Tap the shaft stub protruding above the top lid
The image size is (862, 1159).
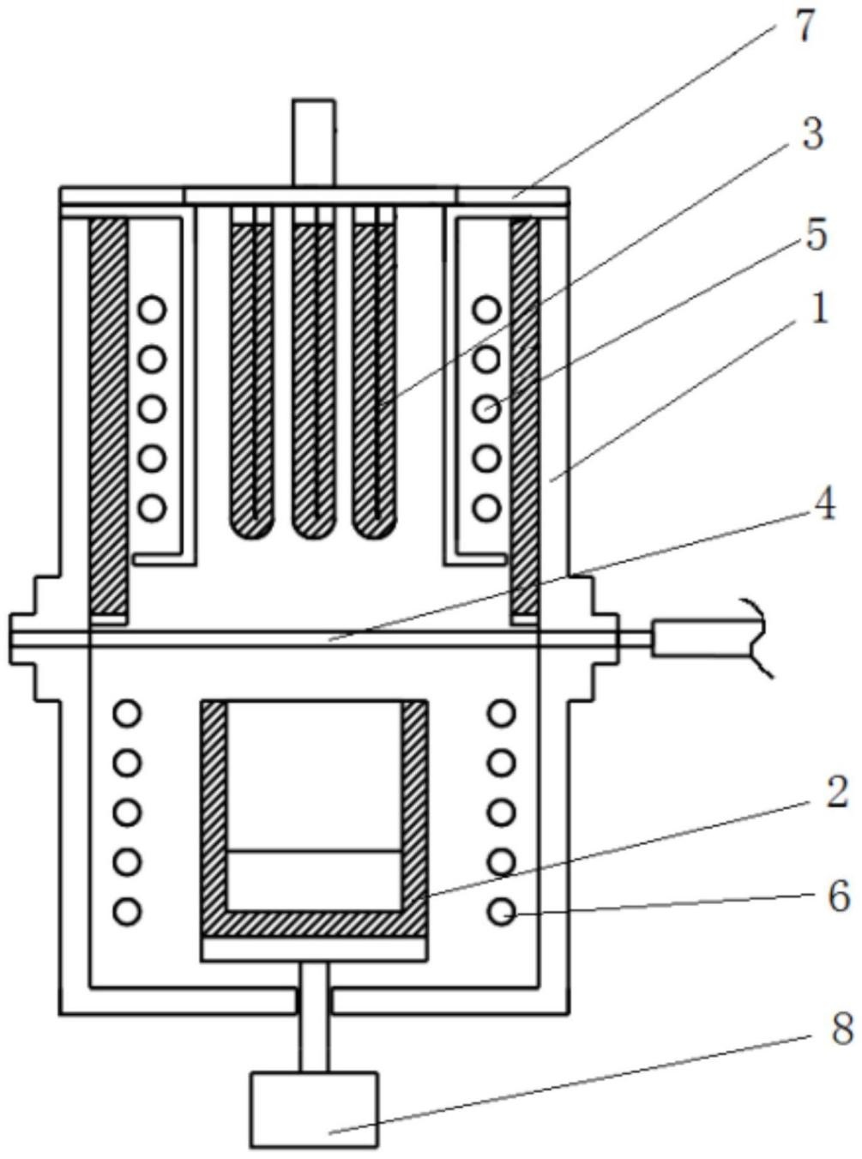pyautogui.click(x=313, y=142)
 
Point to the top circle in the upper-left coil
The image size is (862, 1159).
pyautogui.click(x=154, y=309)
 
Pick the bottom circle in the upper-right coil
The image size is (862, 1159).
pyautogui.click(x=486, y=507)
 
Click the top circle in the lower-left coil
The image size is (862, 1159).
pyautogui.click(x=127, y=713)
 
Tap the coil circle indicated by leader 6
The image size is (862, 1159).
pyautogui.click(x=501, y=911)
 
